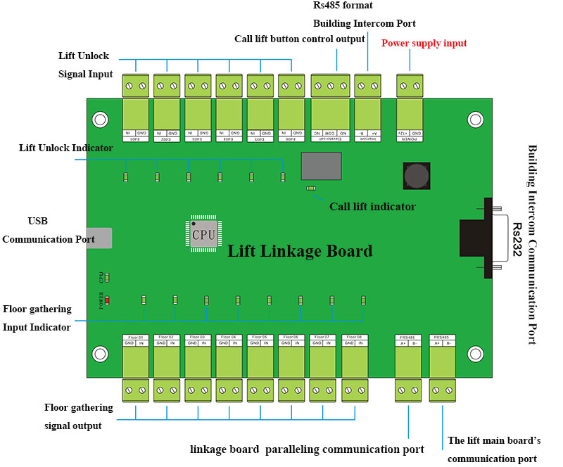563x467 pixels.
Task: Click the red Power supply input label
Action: tap(424, 44)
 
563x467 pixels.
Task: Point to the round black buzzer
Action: tap(417, 176)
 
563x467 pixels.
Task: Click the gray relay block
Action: tap(322, 167)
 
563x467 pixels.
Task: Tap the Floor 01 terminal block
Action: tap(135, 366)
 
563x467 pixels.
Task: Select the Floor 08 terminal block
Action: tap(355, 366)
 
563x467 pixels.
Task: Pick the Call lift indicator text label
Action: tap(372, 207)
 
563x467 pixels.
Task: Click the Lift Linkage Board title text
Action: tap(300, 251)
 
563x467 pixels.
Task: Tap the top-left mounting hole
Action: tap(100, 120)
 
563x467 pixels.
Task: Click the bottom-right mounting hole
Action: tap(476, 353)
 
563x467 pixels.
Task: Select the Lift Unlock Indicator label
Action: tap(65, 148)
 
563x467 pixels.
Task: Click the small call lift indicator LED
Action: tap(310, 188)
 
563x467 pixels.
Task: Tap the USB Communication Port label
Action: tap(48, 230)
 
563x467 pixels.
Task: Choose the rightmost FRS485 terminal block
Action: tap(443, 366)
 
